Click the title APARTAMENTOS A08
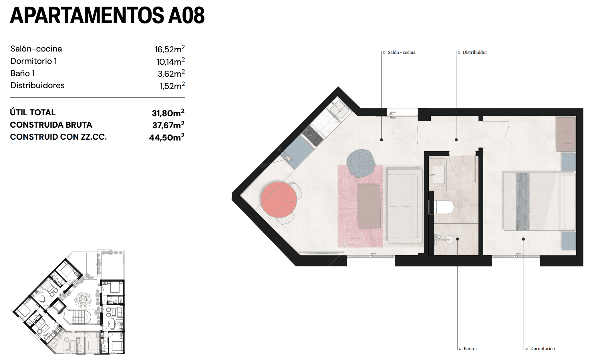pos(107,15)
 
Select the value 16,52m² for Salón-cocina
pos(170,49)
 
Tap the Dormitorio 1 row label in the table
pos(34,61)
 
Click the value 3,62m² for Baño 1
pos(171,73)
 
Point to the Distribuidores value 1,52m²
pos(172,86)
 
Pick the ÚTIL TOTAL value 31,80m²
pos(168,113)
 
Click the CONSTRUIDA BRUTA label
pos(51,125)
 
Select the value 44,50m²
pos(166,137)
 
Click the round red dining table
pos(279,199)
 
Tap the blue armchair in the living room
pos(361,163)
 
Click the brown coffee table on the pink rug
pos(369,206)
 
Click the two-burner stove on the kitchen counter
pos(312,137)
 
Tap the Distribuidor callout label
pos(474,52)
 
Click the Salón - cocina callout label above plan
pos(401,52)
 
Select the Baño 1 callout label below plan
pos(470,348)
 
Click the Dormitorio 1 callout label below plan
pos(543,348)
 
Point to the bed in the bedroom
pos(539,201)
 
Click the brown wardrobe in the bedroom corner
pos(565,134)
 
